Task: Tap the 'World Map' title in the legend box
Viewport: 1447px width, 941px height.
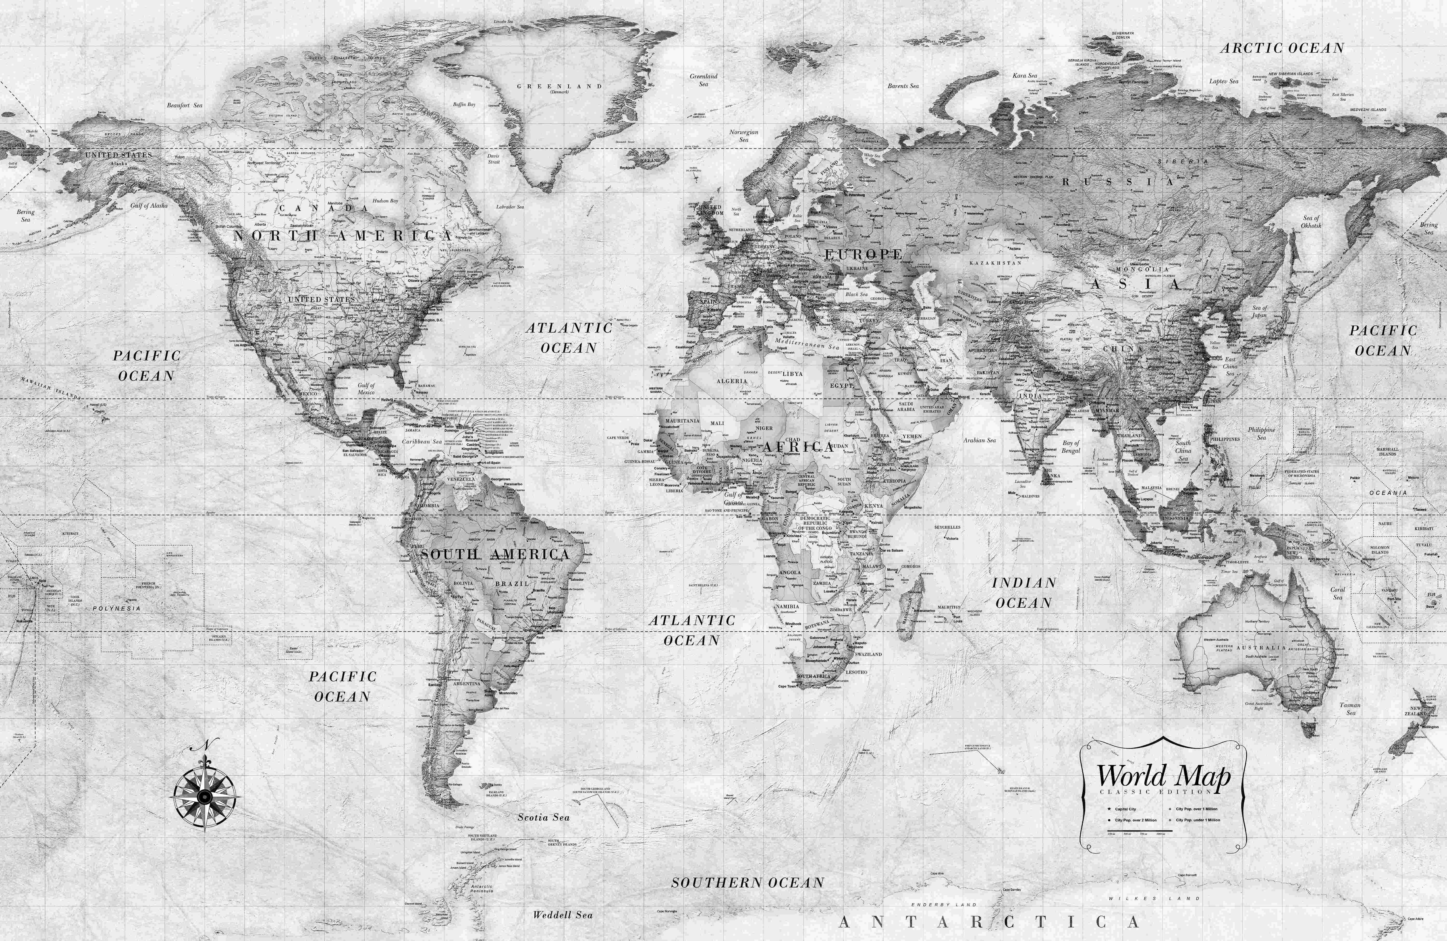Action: (x=1162, y=776)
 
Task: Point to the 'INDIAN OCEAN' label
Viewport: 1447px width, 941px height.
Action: (x=1024, y=593)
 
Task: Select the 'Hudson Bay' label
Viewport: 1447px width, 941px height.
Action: (x=385, y=201)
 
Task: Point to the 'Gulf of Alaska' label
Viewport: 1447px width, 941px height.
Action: (x=149, y=205)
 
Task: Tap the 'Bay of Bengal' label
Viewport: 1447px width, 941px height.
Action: (x=1071, y=447)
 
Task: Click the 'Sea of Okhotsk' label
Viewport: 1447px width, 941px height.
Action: (x=1311, y=222)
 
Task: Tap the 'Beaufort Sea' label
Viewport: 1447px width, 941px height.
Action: (x=185, y=105)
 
